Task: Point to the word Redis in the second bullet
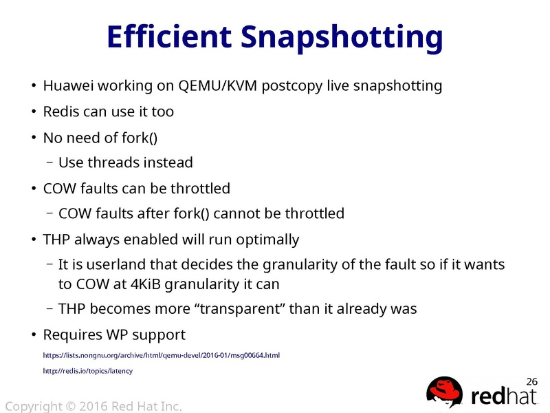click(59, 112)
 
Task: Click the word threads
click(118, 163)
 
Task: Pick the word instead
click(171, 163)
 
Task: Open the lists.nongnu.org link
click(161, 355)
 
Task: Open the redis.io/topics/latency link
click(87, 371)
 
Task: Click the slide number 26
click(531, 381)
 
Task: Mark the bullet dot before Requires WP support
click(32, 335)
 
